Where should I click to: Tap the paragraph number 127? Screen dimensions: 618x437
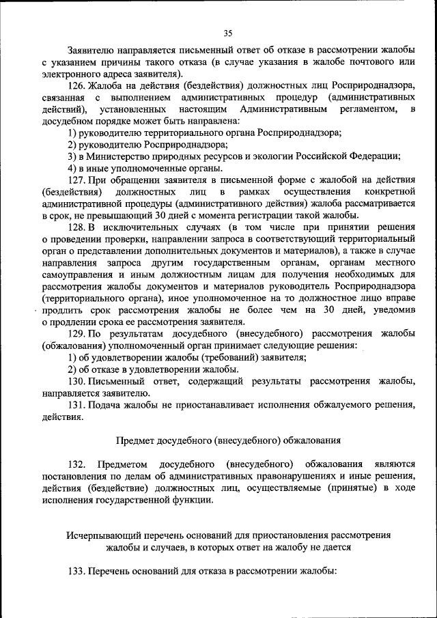[77, 180]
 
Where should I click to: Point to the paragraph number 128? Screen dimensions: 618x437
[77, 227]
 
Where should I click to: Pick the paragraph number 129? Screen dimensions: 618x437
[77, 333]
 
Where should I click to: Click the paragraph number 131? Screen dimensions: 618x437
[77, 405]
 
